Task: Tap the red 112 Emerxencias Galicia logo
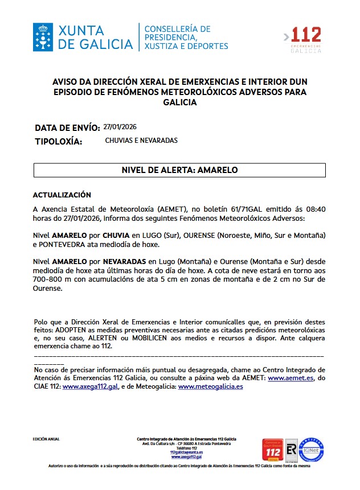tap(306, 39)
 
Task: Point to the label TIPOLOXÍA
tap(59, 141)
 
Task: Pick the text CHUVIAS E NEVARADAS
tap(141, 141)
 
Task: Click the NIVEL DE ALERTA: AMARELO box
tap(179, 170)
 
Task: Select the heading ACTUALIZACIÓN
tap(62, 195)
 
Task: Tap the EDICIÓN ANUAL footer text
tap(46, 439)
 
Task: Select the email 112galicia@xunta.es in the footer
tap(186, 452)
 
